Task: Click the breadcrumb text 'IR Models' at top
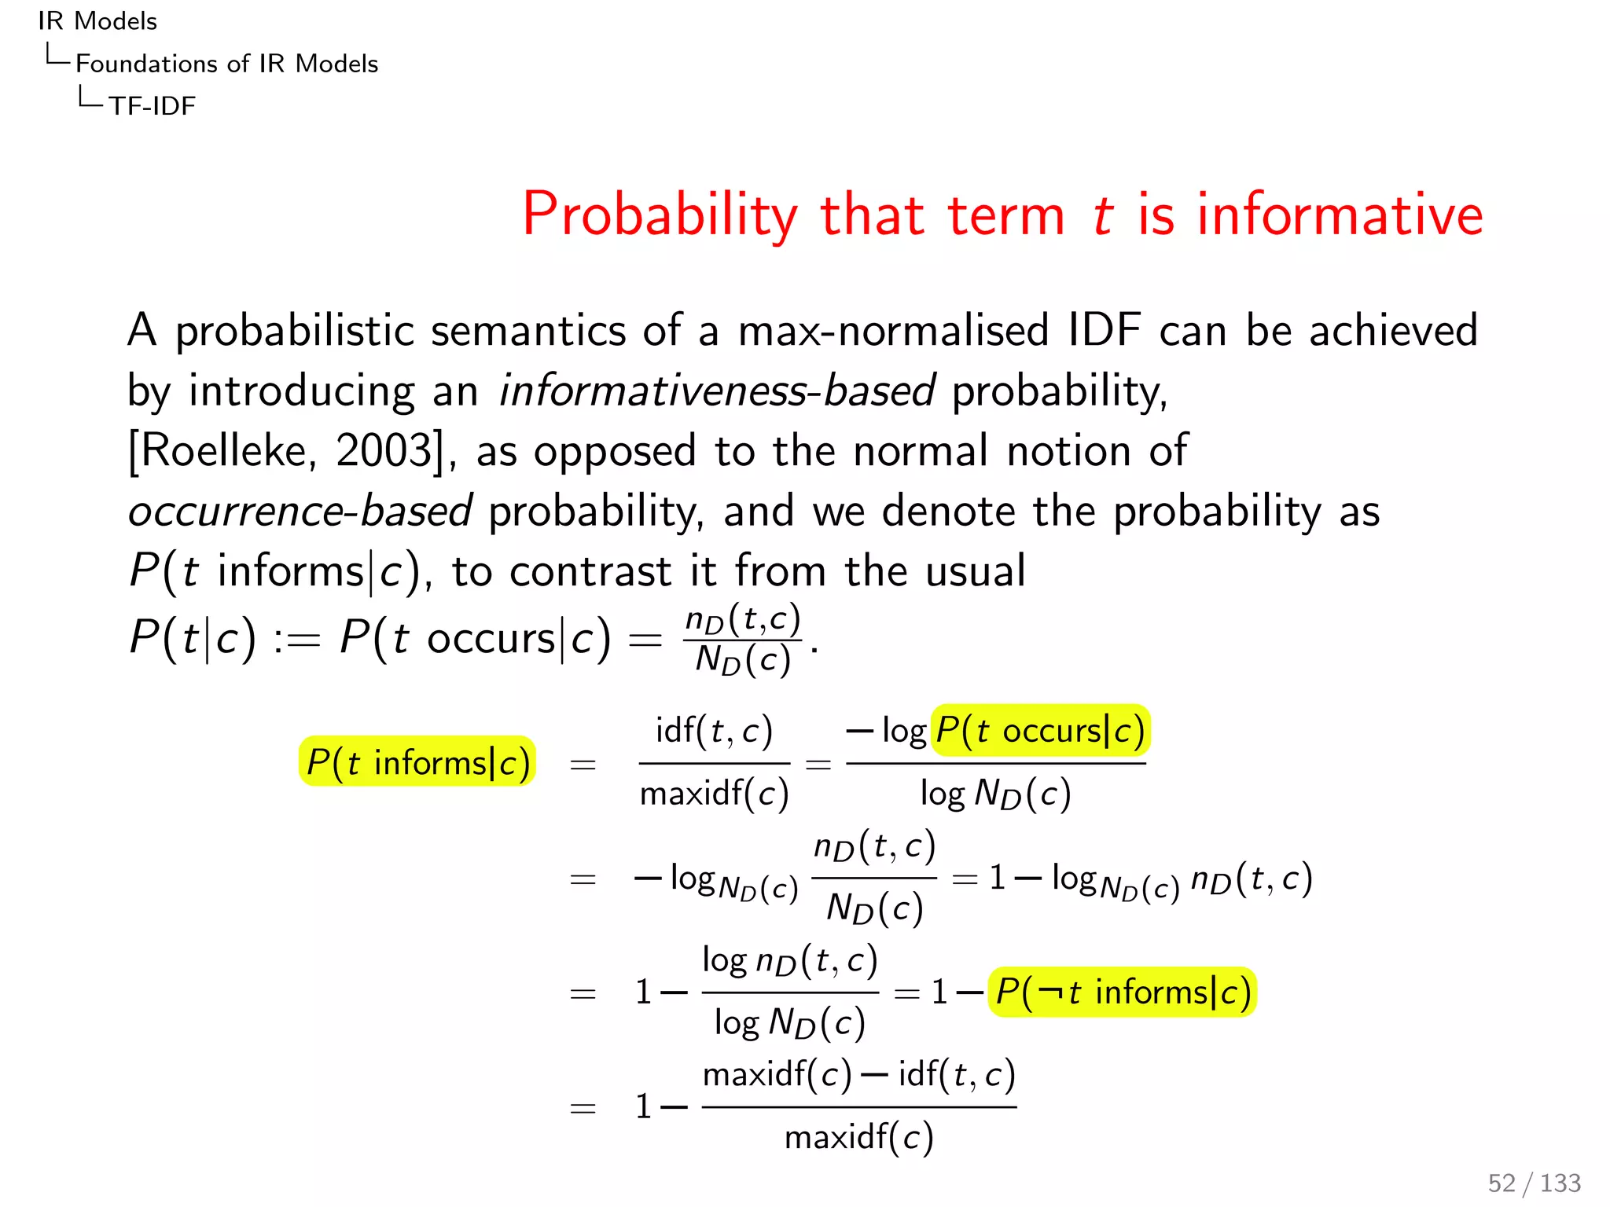coord(97,21)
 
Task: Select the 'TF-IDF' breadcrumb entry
coord(152,105)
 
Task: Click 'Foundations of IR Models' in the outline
coord(226,64)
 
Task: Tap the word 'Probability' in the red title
coord(660,215)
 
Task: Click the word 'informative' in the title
coord(1340,215)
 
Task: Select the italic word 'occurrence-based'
coord(300,512)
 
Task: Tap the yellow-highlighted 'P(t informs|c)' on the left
coord(417,762)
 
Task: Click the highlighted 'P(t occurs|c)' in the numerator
coord(1040,731)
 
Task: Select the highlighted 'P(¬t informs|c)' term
coord(1122,992)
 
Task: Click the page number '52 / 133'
coord(1533,1183)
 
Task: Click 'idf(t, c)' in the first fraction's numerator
coord(714,731)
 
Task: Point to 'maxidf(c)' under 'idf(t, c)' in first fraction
coord(714,794)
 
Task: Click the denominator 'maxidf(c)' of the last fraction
coord(858,1137)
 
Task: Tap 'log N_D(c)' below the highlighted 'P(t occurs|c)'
coord(995,794)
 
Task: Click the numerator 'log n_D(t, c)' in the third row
coord(789,960)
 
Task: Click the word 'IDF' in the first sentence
coord(1104,330)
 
